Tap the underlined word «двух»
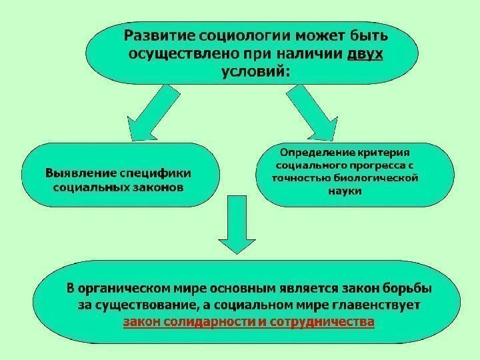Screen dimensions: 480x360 [365, 53]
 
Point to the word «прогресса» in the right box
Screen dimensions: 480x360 [374, 165]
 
